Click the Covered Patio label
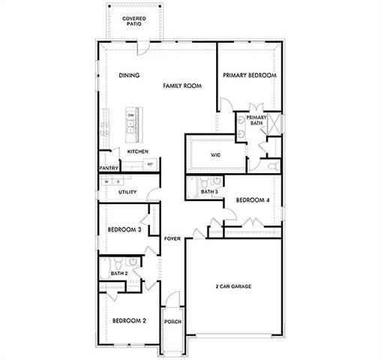[135, 20]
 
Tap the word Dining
[130, 76]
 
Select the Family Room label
[183, 86]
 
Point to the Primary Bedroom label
[250, 76]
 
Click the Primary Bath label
[256, 121]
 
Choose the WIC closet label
[215, 155]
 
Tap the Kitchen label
[137, 151]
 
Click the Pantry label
[109, 169]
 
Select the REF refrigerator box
[150, 163]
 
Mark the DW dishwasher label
[130, 115]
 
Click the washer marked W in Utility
[107, 181]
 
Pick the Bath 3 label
[209, 192]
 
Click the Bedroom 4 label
[252, 200]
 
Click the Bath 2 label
[118, 274]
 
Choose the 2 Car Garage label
[233, 286]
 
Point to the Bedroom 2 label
[129, 321]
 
